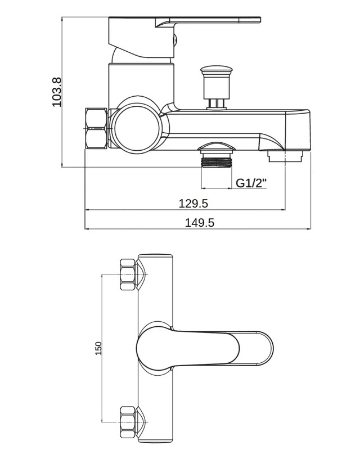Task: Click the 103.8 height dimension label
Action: (57, 92)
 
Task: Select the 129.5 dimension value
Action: (193, 204)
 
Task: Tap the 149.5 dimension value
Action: (199, 223)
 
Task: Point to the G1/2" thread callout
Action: (251, 183)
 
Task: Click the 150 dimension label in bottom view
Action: (98, 348)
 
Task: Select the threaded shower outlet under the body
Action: (217, 160)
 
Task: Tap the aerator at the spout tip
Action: (285, 157)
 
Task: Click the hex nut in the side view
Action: (96, 128)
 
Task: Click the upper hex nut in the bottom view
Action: (128, 274)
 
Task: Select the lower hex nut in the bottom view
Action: (128, 422)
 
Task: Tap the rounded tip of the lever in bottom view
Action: (268, 348)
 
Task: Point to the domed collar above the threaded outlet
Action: (217, 147)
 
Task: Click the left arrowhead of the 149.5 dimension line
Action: (87, 229)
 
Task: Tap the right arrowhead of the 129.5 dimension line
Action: (283, 210)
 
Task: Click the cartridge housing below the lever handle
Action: (141, 83)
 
